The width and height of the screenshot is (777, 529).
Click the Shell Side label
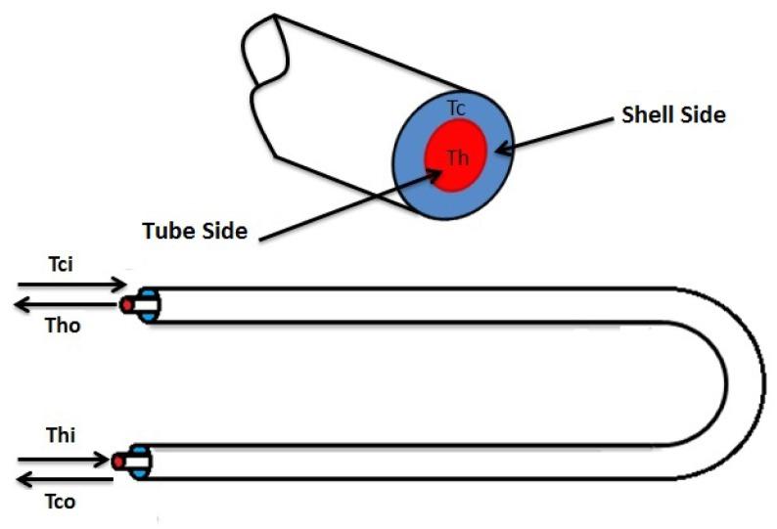click(673, 115)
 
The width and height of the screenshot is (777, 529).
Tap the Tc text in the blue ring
click(455, 109)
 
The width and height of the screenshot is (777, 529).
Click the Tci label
click(64, 266)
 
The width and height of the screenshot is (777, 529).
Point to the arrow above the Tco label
click(65, 478)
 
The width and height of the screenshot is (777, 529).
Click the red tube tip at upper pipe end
click(128, 305)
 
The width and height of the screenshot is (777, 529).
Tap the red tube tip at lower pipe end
click(119, 461)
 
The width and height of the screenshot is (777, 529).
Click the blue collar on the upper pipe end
click(147, 305)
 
